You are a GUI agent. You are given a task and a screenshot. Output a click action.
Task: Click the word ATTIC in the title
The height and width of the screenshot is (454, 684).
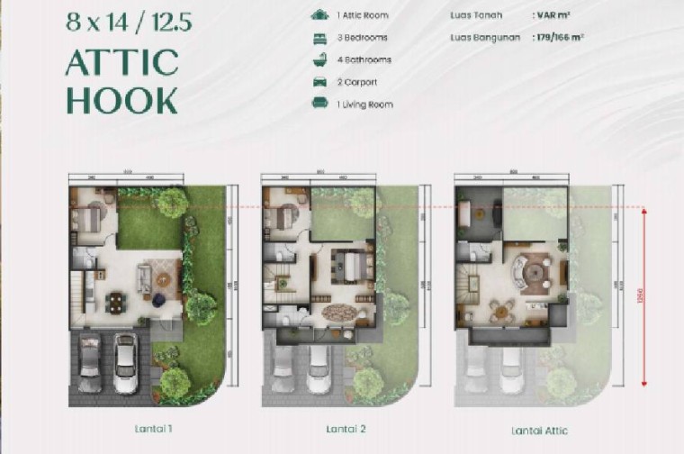click(121, 63)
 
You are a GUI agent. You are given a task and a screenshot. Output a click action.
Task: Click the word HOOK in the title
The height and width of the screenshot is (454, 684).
click(121, 101)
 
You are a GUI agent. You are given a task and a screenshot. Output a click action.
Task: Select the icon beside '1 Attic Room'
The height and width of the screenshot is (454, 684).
click(319, 15)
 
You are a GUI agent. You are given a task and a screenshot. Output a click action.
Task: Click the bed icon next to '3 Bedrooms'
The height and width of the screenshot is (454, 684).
click(319, 38)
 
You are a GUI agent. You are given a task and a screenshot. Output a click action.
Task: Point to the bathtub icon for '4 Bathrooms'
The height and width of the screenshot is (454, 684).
click(319, 59)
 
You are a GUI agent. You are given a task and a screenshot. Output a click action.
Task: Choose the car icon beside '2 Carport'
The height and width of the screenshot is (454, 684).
click(319, 82)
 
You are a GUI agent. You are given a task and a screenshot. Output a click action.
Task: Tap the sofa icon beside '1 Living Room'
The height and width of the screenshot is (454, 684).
click(319, 104)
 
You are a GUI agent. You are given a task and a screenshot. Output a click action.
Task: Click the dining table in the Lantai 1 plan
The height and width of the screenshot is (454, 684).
click(116, 301)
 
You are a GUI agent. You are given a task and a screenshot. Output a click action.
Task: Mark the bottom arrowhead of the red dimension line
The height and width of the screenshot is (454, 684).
click(644, 382)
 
